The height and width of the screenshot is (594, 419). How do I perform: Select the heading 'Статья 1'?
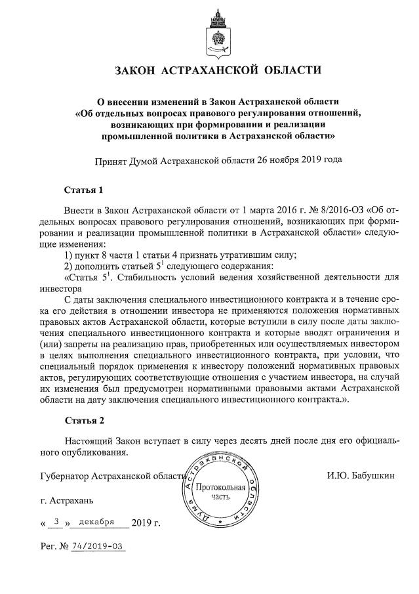coord(84,191)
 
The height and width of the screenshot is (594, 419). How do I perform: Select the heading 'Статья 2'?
coord(84,419)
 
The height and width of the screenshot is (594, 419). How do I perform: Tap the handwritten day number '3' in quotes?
coord(57,522)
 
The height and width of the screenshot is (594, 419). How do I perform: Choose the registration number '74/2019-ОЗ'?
coord(98,546)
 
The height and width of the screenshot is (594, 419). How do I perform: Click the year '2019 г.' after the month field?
coord(146,523)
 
